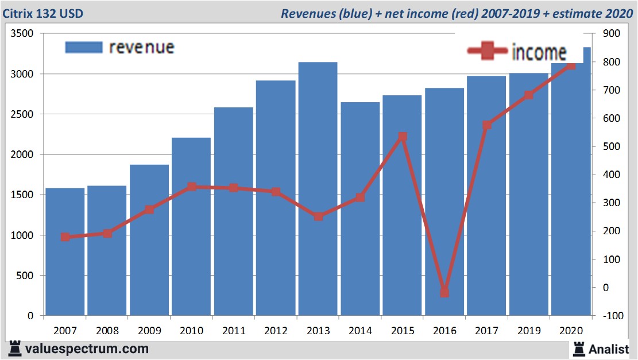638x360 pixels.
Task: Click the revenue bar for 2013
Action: click(x=318, y=189)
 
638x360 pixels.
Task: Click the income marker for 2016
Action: click(x=444, y=292)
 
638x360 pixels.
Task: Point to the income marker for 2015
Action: click(x=403, y=137)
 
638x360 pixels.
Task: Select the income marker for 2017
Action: click(x=487, y=125)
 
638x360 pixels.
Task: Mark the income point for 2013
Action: click(x=318, y=216)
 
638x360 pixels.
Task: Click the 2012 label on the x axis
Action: click(x=276, y=331)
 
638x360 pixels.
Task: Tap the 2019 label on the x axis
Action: click(x=528, y=331)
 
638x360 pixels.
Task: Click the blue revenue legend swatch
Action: click(x=83, y=47)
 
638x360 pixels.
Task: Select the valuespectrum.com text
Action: click(x=87, y=349)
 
